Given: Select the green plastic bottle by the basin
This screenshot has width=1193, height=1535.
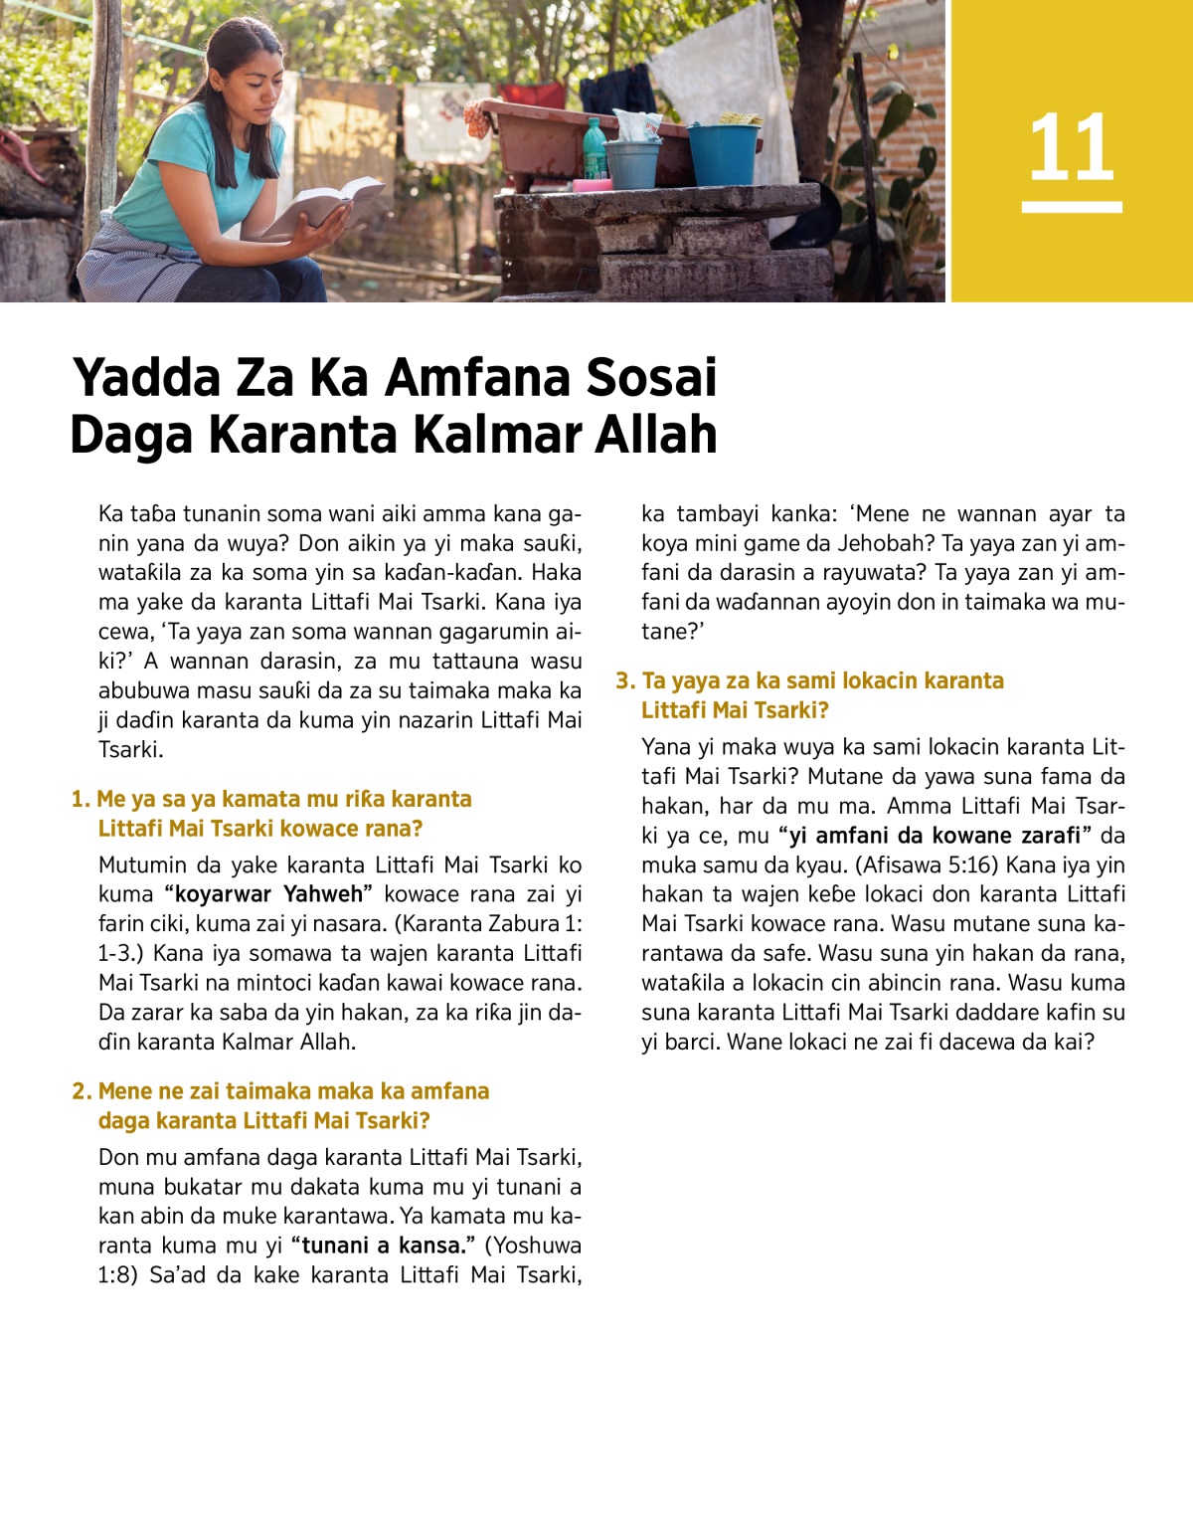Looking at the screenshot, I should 594,149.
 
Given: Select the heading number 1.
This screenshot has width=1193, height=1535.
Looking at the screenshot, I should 80,800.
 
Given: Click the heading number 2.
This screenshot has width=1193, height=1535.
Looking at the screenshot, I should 81,1091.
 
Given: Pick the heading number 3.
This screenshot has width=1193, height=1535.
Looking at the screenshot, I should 624,681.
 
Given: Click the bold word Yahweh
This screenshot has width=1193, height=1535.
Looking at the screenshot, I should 323,894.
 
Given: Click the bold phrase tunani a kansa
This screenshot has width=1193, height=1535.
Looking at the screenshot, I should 383,1246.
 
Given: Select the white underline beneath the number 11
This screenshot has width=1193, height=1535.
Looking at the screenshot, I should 1071,207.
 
